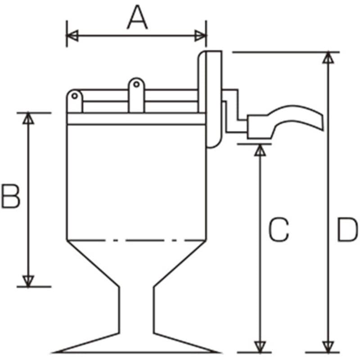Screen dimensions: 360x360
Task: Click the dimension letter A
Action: point(137,17)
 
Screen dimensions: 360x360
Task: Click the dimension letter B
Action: point(10,196)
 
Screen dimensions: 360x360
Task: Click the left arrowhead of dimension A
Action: point(72,36)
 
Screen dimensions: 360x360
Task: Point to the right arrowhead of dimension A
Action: point(200,36)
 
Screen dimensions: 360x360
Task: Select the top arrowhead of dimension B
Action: point(28,119)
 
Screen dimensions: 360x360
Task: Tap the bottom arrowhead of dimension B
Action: point(28,281)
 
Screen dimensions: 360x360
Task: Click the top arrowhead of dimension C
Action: point(260,150)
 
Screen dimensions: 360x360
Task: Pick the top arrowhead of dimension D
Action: point(328,58)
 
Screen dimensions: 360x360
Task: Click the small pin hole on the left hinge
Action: point(74,96)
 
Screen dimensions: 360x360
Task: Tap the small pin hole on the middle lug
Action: point(136,84)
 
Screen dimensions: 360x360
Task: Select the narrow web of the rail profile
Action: point(137,310)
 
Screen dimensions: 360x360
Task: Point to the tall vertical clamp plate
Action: point(210,99)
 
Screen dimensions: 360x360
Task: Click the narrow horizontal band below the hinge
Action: point(136,119)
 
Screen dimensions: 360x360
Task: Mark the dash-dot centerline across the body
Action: point(136,240)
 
